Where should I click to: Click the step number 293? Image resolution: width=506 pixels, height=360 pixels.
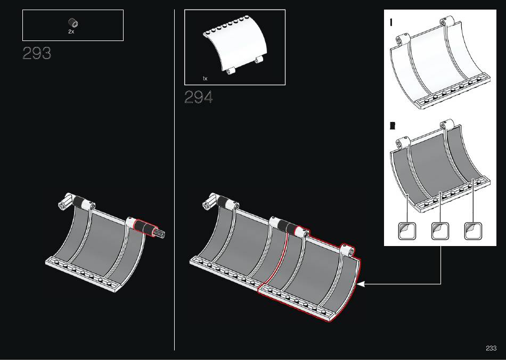(37, 53)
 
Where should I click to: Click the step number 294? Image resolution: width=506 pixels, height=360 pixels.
(199, 97)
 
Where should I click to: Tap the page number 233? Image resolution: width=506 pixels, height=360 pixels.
(491, 348)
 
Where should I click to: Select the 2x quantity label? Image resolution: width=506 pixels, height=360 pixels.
(71, 31)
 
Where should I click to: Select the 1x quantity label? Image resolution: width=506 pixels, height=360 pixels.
(205, 78)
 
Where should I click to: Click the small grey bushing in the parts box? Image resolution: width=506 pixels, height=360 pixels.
(74, 23)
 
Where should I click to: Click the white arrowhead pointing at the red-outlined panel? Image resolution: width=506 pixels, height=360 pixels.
(361, 284)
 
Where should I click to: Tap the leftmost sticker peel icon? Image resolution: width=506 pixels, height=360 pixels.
(407, 231)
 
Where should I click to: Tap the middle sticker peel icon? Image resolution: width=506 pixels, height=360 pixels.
(440, 231)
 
